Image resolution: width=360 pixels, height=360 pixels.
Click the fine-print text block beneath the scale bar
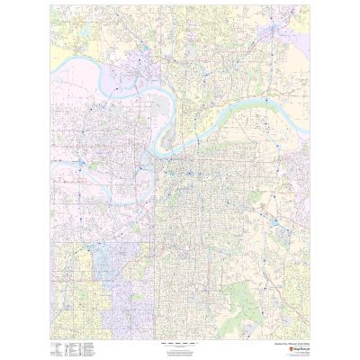click(179, 350)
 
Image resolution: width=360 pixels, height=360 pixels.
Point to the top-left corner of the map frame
click(50, 5)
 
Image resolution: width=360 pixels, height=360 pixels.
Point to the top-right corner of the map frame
click(309, 5)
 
